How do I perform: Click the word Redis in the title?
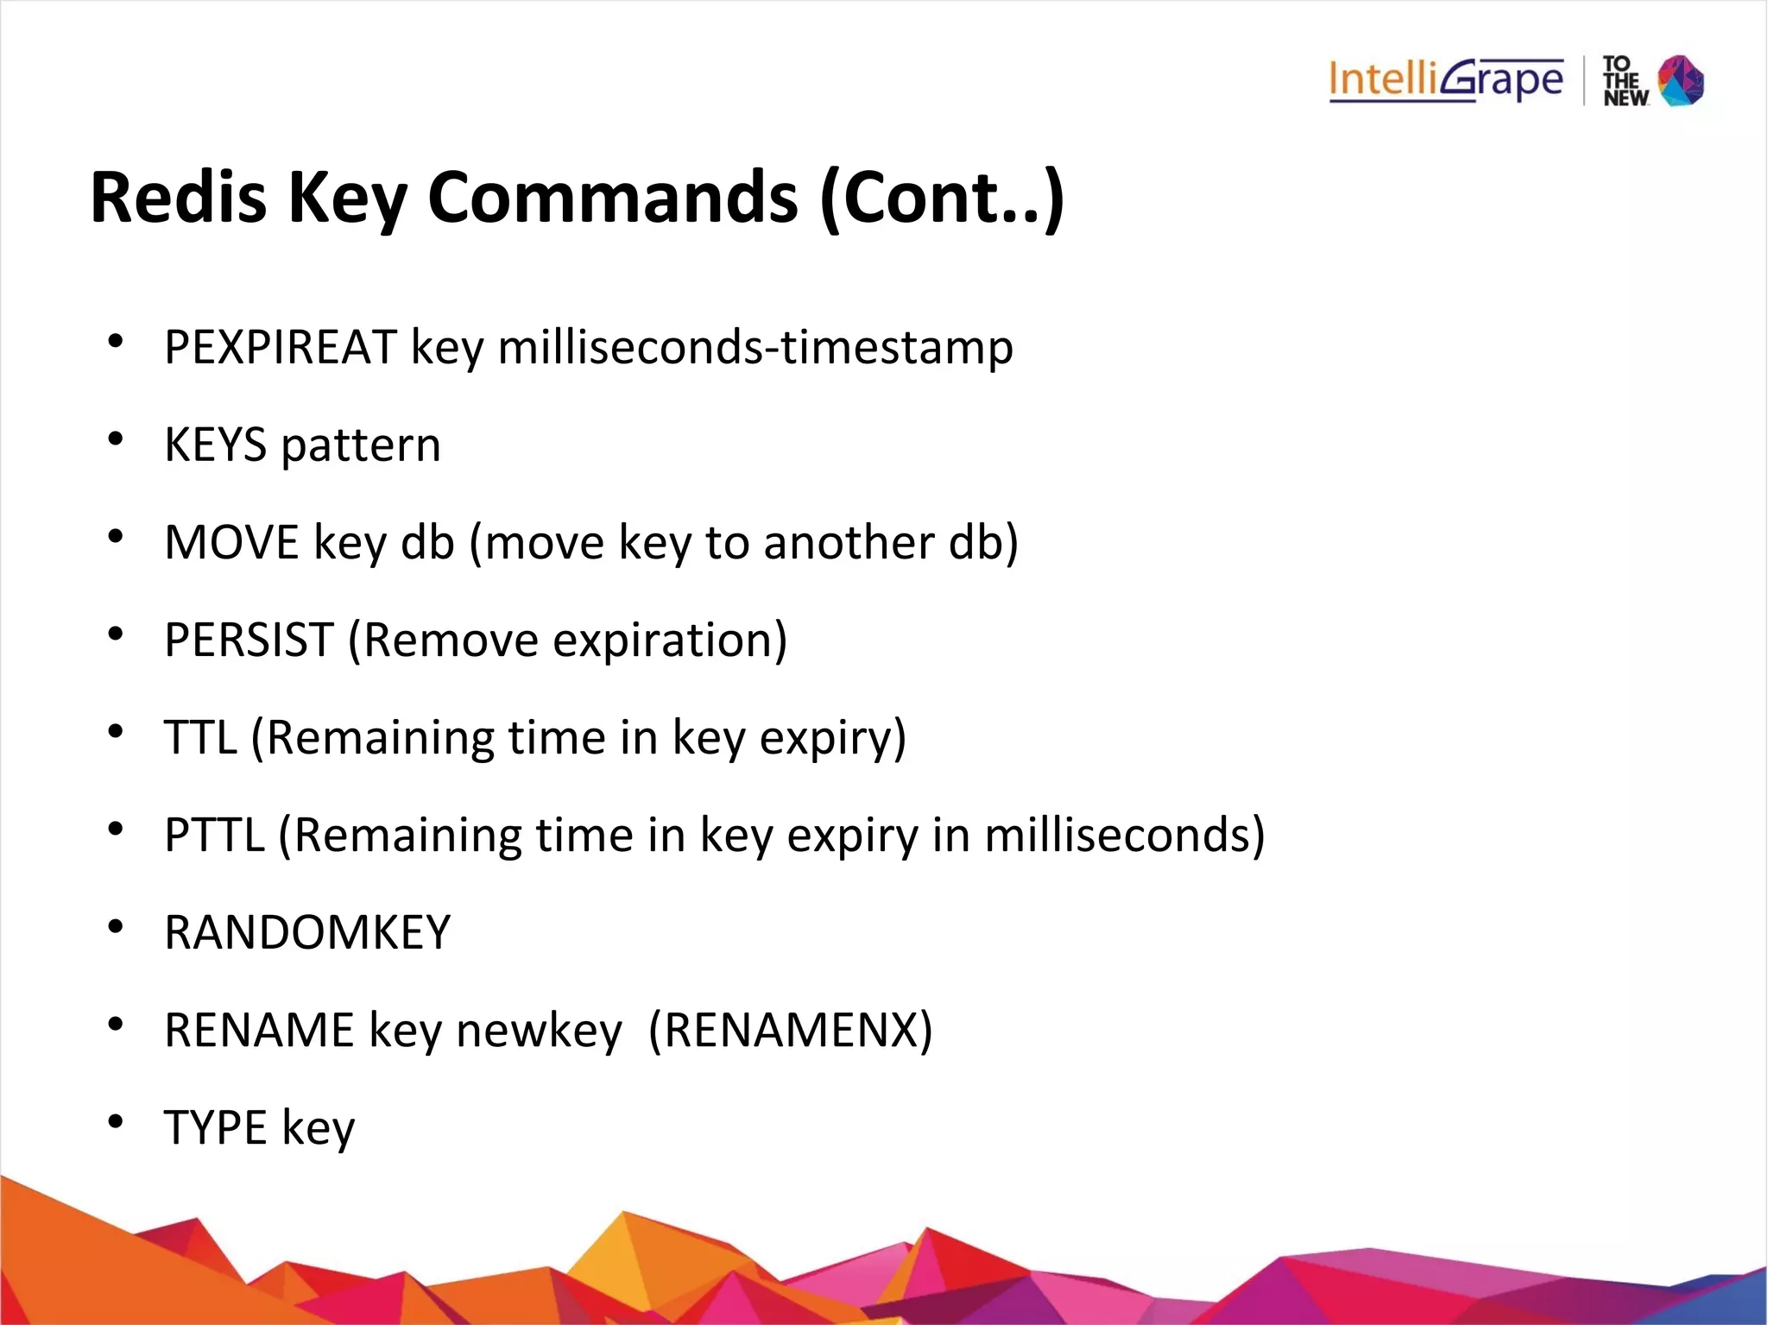[x=179, y=198]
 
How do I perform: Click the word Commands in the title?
[x=612, y=198]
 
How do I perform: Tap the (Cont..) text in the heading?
[x=943, y=198]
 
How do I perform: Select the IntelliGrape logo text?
[x=1446, y=80]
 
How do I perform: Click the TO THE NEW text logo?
[x=1624, y=81]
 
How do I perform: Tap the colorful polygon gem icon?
[x=1681, y=80]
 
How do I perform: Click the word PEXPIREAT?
[x=281, y=348]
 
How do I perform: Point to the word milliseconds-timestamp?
[x=755, y=348]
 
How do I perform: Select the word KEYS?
[x=215, y=445]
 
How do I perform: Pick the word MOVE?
[x=231, y=543]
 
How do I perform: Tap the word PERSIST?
[x=249, y=640]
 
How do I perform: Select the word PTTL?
[x=214, y=836]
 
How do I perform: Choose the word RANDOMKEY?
[x=307, y=933]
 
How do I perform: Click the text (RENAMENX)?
[x=790, y=1031]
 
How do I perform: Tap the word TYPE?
[x=215, y=1128]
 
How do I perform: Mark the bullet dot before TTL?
[x=115, y=733]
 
